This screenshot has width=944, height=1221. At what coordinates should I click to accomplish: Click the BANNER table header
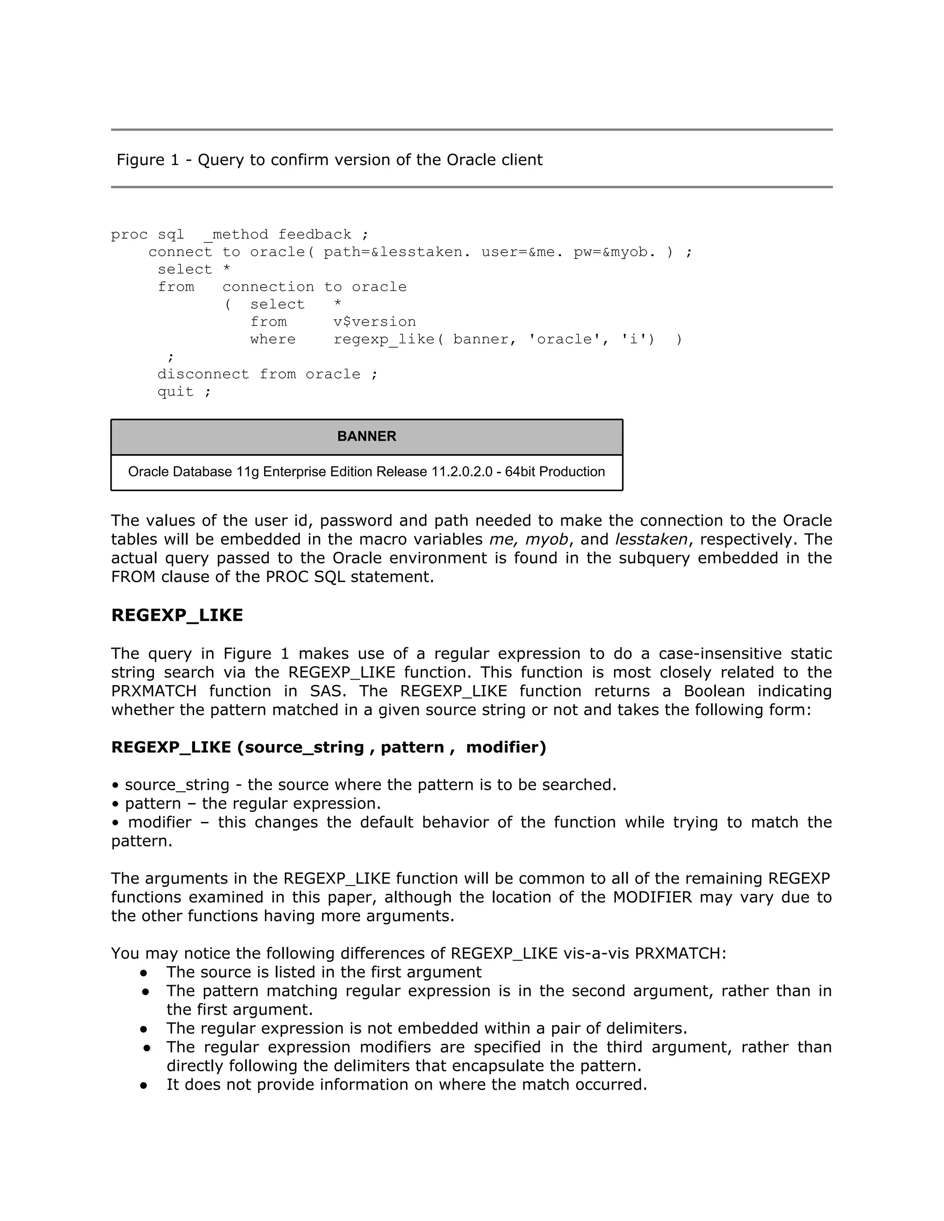click(366, 436)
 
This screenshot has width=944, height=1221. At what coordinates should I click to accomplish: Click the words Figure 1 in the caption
click(147, 160)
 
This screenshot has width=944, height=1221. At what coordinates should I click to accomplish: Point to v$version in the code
click(375, 322)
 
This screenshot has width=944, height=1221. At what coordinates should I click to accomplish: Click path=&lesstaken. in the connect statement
click(394, 252)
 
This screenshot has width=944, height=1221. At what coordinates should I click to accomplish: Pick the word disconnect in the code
click(203, 375)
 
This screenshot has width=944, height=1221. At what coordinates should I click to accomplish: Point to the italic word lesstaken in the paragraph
click(651, 540)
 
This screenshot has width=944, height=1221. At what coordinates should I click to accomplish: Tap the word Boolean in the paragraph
click(714, 691)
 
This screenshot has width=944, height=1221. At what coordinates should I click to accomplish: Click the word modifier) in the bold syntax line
click(506, 747)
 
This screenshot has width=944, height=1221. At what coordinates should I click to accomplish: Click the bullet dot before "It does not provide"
click(144, 1085)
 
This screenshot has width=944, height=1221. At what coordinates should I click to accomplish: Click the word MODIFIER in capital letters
click(652, 897)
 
